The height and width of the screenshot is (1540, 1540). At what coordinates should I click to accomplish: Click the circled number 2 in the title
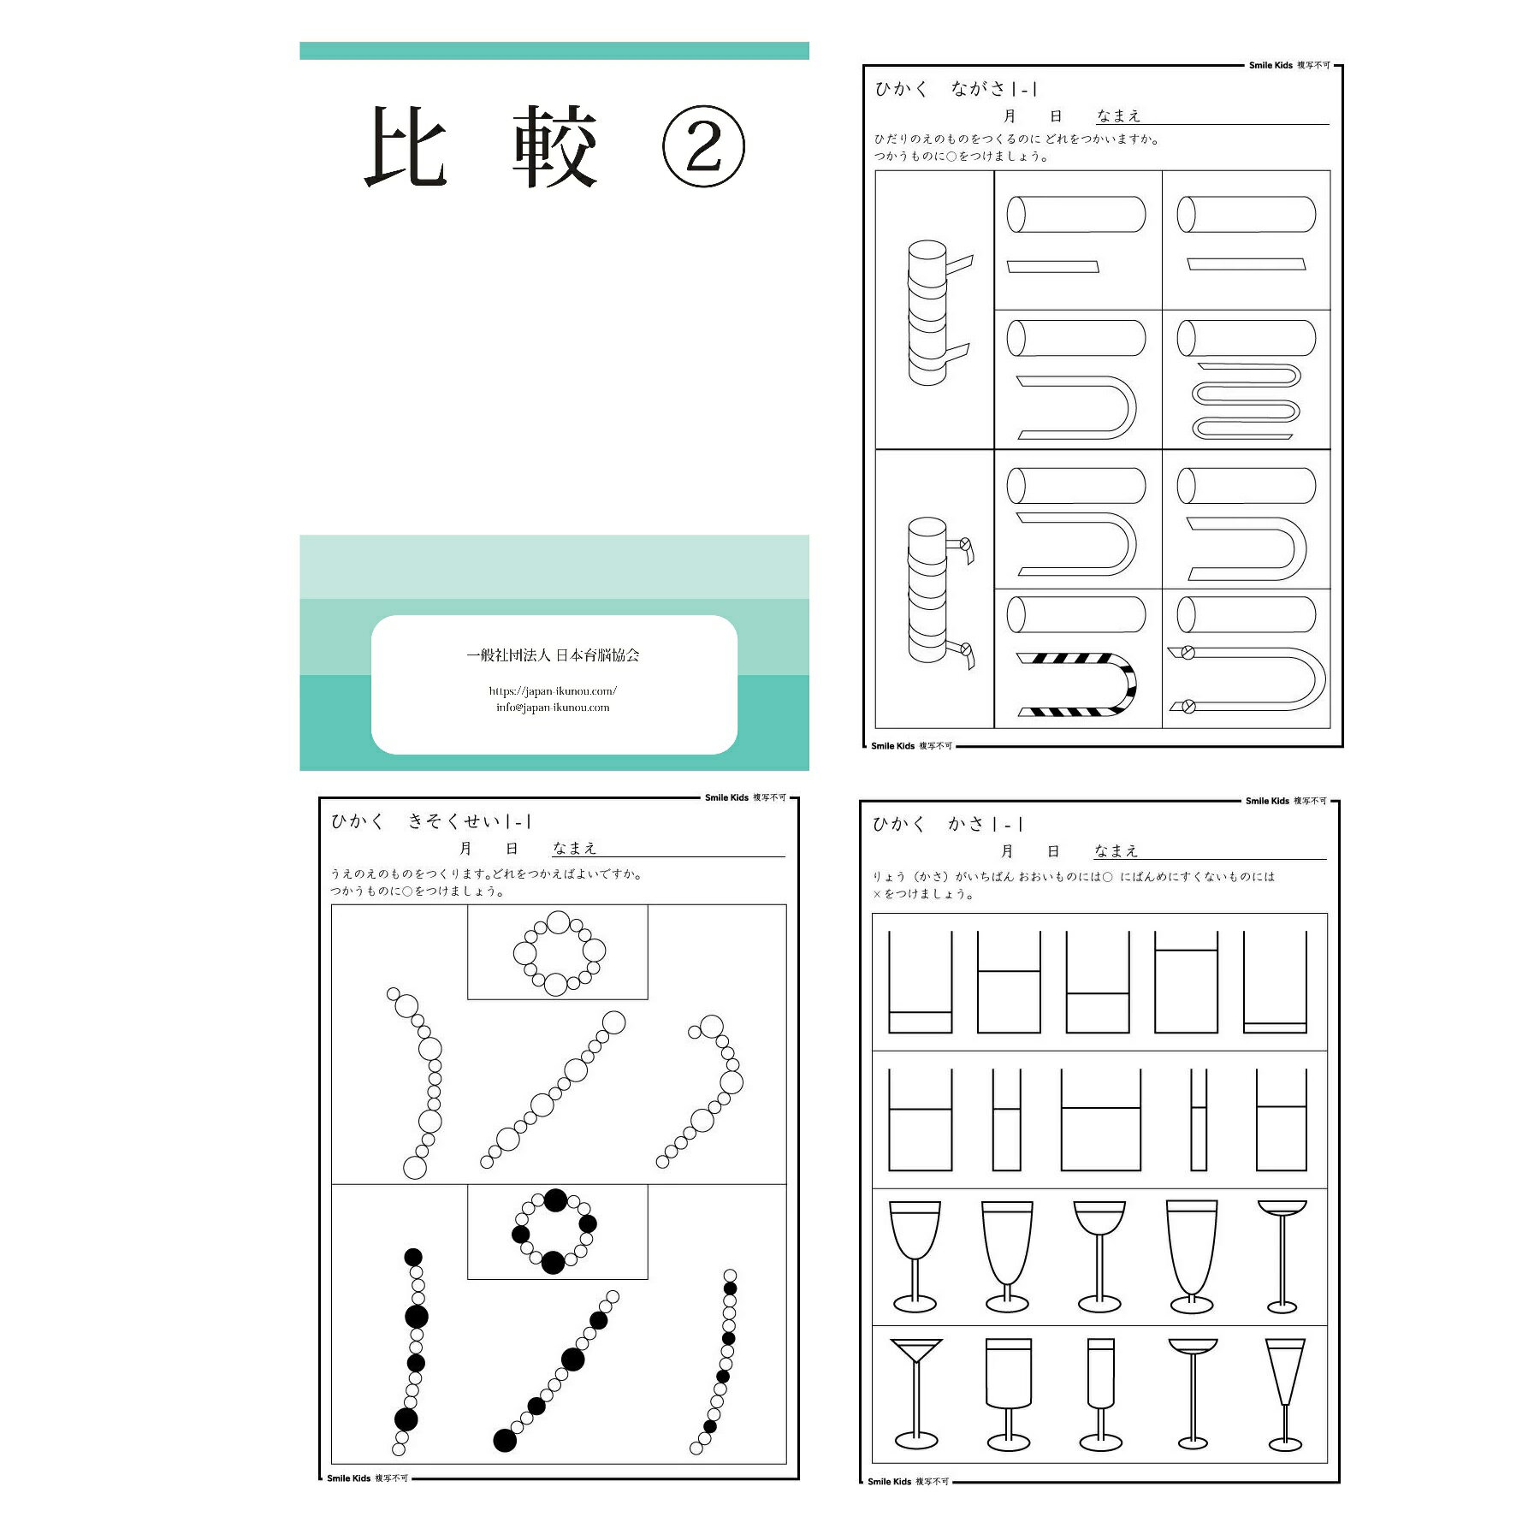click(703, 148)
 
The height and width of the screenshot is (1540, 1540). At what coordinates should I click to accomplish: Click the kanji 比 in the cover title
click(406, 148)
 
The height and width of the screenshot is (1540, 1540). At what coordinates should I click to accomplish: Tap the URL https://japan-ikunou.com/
click(553, 690)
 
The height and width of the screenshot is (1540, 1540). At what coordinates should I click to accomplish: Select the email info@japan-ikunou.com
click(553, 708)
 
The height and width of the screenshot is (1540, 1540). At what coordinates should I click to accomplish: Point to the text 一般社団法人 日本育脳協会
click(553, 655)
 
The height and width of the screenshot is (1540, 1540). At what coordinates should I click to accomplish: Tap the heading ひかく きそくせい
click(431, 821)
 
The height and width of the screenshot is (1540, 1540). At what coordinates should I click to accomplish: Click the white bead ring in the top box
click(559, 953)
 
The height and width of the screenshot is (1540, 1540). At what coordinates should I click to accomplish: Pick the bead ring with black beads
click(554, 1231)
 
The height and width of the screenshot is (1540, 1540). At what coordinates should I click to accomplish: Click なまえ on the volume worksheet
click(1116, 851)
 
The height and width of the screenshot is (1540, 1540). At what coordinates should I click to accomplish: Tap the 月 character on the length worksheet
click(1010, 116)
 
